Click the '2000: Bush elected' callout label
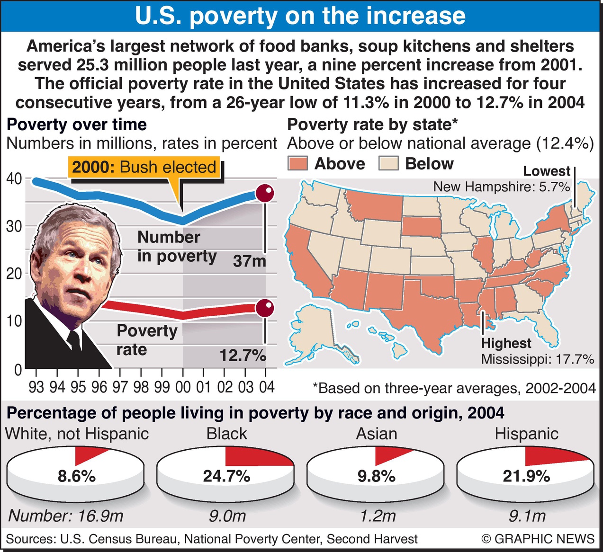[144, 167]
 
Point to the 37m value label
[249, 261]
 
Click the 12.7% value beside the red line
[243, 355]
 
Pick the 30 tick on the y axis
[14, 226]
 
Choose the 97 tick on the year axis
[120, 387]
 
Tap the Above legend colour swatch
[297, 164]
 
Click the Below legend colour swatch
[388, 164]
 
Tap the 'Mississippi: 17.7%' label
[537, 359]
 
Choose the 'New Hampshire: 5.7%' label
[501, 187]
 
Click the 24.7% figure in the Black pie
[226, 476]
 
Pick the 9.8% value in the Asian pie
[377, 476]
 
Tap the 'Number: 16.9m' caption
[66, 516]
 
